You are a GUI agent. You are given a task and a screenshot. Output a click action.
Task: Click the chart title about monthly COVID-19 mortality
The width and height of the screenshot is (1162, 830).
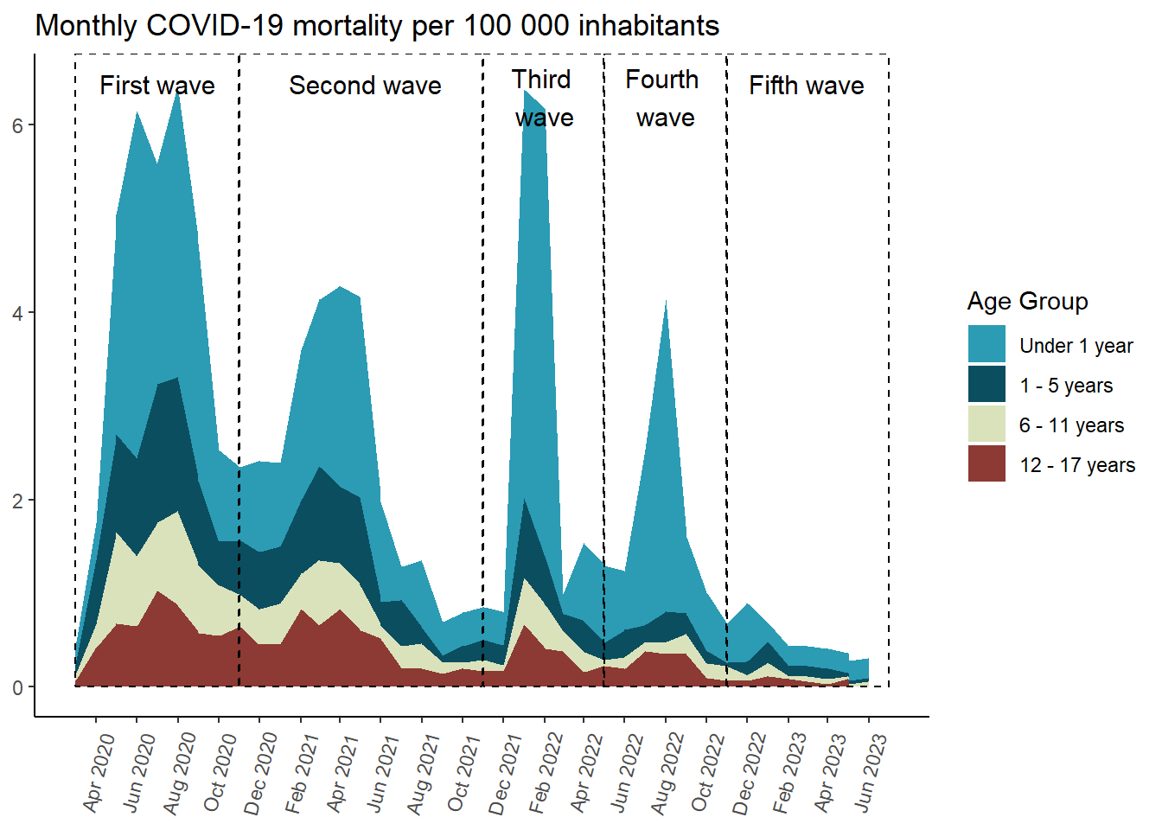[x=377, y=26]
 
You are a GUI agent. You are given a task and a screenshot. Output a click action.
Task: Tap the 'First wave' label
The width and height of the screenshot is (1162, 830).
[x=156, y=86]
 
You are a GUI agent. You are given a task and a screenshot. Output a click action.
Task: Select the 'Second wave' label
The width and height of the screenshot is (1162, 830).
[x=365, y=86]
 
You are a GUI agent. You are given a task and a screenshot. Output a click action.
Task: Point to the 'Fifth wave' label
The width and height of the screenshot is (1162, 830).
[x=806, y=86]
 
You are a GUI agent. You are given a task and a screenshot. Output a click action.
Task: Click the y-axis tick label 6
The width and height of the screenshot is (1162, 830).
[x=17, y=125]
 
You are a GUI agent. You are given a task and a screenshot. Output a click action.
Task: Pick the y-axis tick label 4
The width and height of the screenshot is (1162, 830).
[x=17, y=313]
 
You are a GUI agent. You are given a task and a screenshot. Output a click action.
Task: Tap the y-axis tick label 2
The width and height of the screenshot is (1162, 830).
[x=17, y=501]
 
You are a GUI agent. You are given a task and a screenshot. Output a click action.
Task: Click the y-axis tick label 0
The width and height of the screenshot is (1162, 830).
[x=17, y=688]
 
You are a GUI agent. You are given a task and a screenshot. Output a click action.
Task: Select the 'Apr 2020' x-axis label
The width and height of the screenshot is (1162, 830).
[x=99, y=772]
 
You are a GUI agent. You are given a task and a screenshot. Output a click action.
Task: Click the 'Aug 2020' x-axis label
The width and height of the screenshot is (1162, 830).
[x=181, y=772]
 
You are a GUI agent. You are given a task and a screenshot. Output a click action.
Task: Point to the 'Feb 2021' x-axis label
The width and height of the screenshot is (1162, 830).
[x=303, y=772]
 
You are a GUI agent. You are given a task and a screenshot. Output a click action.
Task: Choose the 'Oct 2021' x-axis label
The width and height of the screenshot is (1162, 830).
[x=465, y=772]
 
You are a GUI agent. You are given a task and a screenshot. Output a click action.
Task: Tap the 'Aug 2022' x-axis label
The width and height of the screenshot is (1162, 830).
[x=668, y=772]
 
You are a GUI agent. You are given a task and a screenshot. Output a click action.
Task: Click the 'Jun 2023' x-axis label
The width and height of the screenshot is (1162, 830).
[x=871, y=772]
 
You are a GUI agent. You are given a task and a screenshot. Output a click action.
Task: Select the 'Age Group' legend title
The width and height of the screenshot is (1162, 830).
[x=1027, y=302]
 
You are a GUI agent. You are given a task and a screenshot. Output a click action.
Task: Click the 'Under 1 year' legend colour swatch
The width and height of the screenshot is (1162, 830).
[x=986, y=344]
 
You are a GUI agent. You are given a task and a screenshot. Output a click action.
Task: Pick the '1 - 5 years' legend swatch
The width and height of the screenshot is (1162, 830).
[x=986, y=385]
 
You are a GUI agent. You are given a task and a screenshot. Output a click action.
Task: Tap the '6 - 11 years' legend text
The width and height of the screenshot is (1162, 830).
[x=1071, y=425]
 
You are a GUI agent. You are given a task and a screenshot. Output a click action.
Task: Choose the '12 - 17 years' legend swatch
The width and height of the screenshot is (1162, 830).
[x=986, y=464]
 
